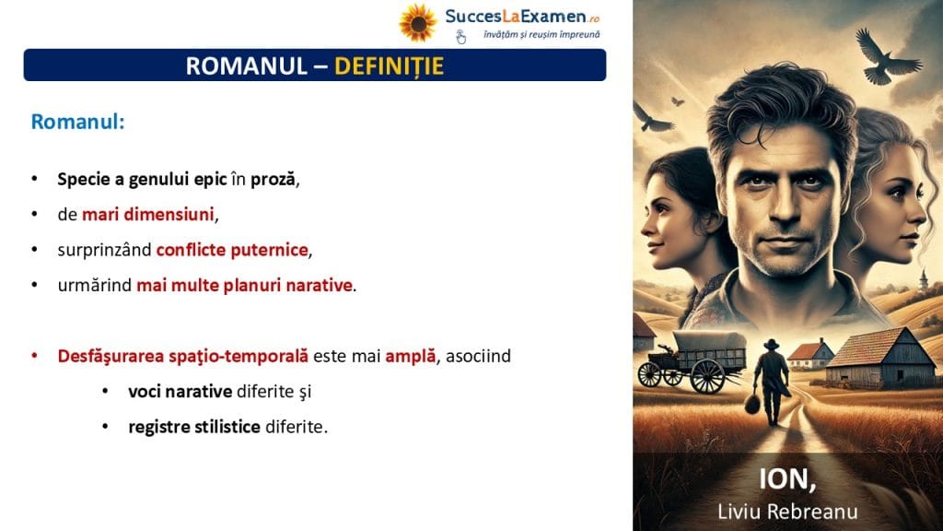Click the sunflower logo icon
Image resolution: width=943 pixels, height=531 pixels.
[417, 23]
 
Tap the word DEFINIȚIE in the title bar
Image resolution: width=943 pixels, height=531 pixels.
[390, 65]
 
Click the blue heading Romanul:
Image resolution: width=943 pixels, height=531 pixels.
[77, 122]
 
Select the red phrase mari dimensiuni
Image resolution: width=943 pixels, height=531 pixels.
[148, 214]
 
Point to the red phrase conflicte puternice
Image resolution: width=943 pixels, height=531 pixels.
[232, 249]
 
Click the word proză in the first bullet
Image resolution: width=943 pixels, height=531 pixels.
[273, 180]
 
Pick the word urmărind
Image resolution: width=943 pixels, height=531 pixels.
[95, 285]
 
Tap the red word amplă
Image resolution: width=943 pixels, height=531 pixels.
[410, 356]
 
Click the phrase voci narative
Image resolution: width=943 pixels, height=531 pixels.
[180, 391]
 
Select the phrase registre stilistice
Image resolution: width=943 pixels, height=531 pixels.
[194, 427]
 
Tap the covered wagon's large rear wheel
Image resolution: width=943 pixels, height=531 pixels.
[707, 376]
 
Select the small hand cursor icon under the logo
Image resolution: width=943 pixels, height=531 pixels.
[460, 37]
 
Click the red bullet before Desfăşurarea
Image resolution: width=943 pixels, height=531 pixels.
[35, 356]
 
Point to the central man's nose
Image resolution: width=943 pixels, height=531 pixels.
[783, 205]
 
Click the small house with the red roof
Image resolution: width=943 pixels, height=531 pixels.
[810, 354]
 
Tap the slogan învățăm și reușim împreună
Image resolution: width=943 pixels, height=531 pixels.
[541, 35]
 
